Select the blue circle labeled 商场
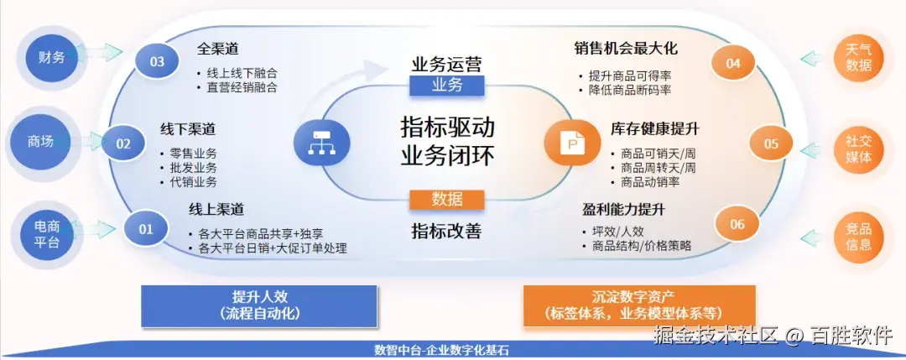tap(41, 142)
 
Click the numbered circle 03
tap(157, 61)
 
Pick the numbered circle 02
tap(123, 143)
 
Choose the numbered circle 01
tap(146, 228)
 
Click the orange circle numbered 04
tap(733, 63)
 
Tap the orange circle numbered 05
tap(771, 143)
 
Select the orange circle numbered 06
tap(737, 224)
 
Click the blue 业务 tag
tap(447, 85)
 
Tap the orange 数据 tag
tap(447, 199)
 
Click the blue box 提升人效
tap(259, 305)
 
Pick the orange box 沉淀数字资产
tap(638, 305)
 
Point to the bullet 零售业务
tap(194, 153)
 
